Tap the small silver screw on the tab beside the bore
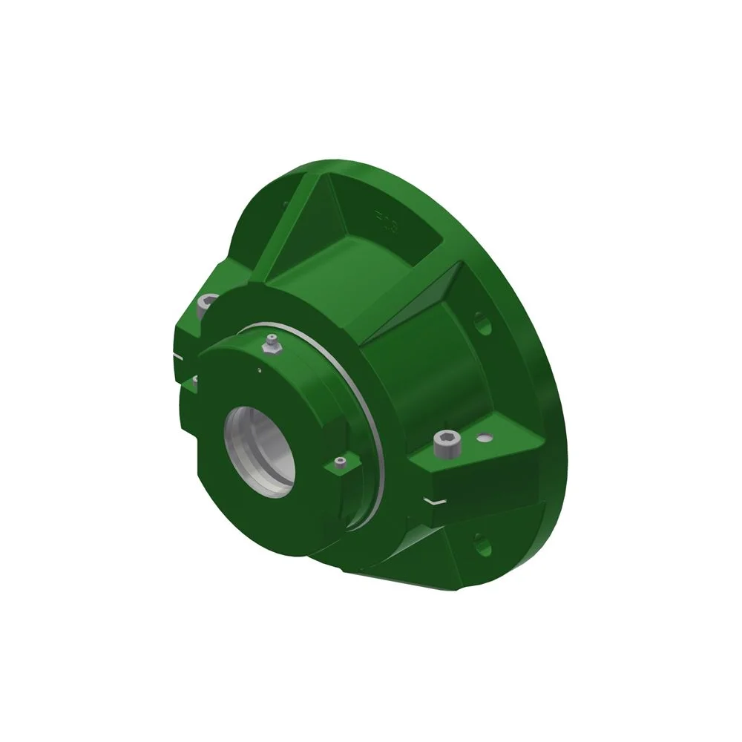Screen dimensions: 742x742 [x=340, y=463]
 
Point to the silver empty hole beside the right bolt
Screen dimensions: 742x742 [x=485, y=438]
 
